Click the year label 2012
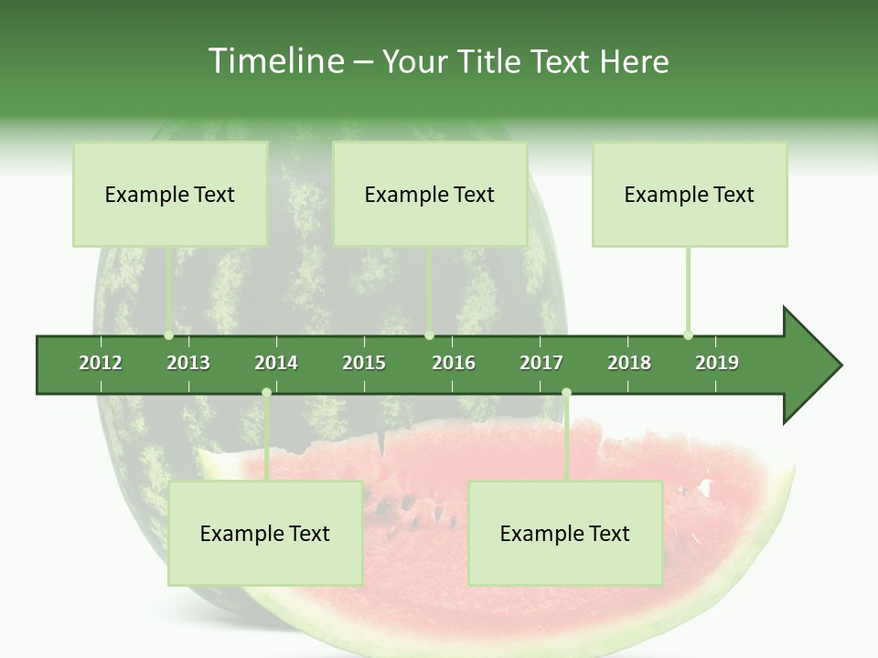101,363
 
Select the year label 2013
188,363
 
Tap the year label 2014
276,363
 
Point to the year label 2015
364,363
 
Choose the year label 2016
454,363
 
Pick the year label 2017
541,363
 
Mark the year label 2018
629,363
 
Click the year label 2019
717,363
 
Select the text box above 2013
170,194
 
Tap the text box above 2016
430,194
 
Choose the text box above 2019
690,194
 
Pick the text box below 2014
265,534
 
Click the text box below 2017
565,534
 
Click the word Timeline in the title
274,61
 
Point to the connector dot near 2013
169,335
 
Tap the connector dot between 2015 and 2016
429,335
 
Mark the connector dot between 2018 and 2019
688,335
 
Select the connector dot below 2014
266,392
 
